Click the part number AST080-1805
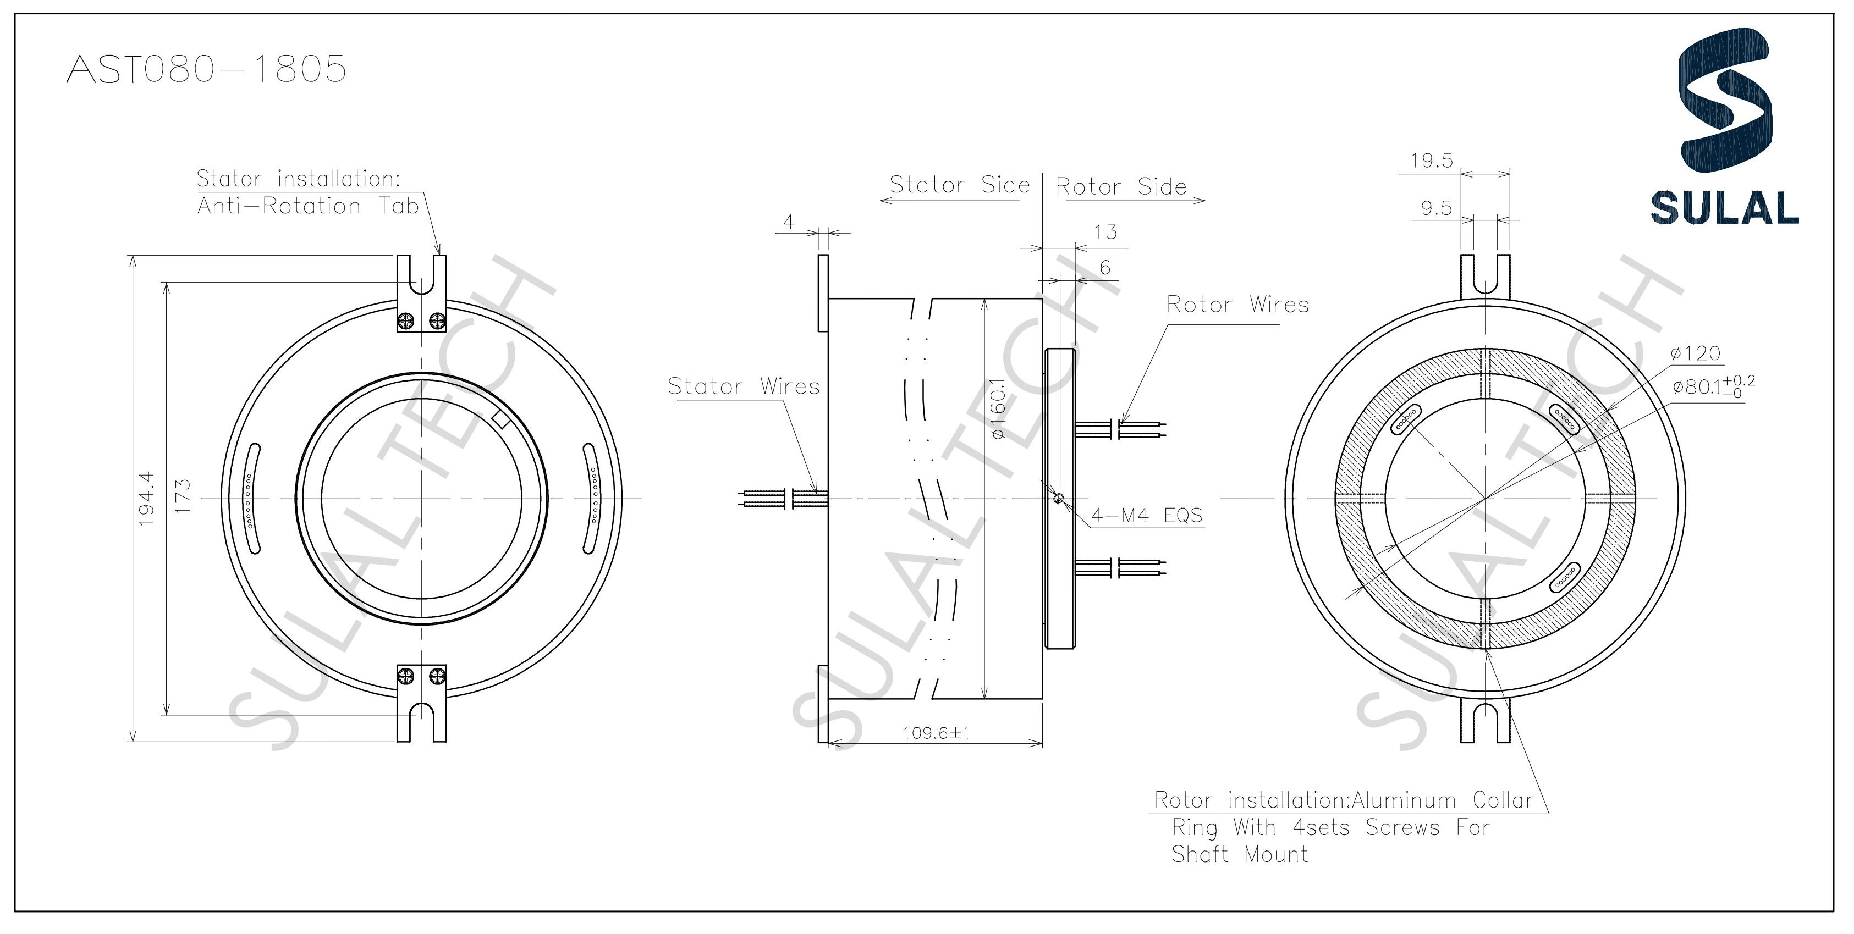pyautogui.click(x=206, y=70)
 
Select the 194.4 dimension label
pyautogui.click(x=147, y=498)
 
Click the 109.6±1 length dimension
pyautogui.click(x=937, y=733)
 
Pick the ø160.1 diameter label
pyautogui.click(x=998, y=408)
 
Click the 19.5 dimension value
pyautogui.click(x=1432, y=161)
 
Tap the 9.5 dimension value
pyautogui.click(x=1436, y=209)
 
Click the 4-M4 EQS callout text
pyautogui.click(x=1147, y=515)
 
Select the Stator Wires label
pyautogui.click(x=744, y=386)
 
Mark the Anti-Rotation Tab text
pyautogui.click(x=308, y=207)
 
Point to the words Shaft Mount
pyautogui.click(x=1239, y=854)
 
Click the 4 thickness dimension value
pyautogui.click(x=789, y=222)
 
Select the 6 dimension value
pyautogui.click(x=1105, y=268)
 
